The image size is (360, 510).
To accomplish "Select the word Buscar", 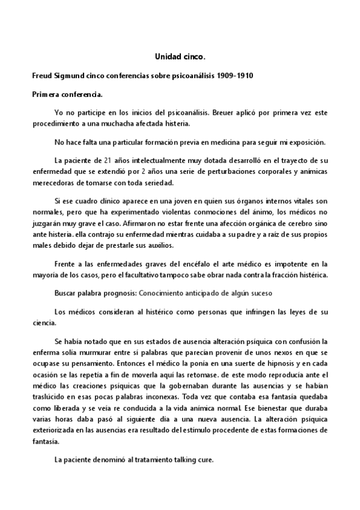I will tap(66, 293).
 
